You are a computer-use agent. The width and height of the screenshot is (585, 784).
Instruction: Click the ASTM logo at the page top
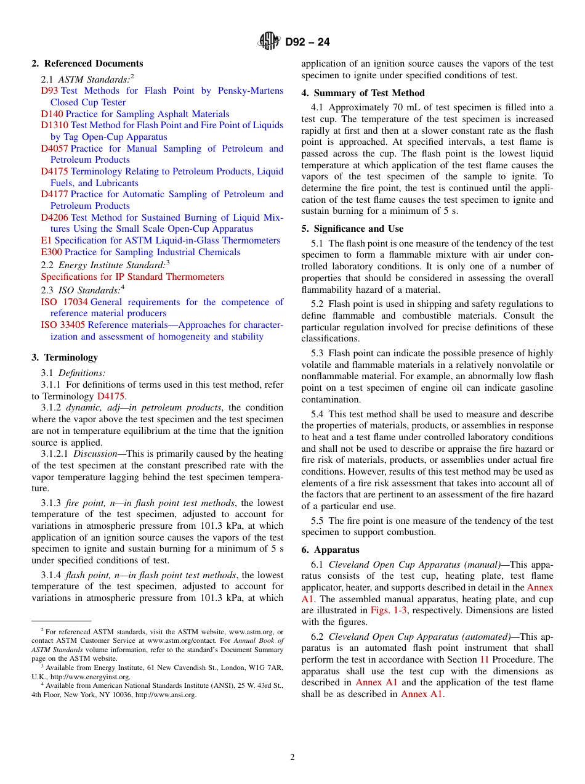click(x=268, y=42)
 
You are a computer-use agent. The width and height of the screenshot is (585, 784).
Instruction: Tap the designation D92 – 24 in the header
click(x=307, y=42)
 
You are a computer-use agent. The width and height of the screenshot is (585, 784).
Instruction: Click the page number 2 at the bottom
click(x=292, y=757)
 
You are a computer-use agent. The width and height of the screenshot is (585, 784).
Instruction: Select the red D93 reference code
click(x=49, y=91)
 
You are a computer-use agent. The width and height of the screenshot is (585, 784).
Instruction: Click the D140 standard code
click(x=52, y=114)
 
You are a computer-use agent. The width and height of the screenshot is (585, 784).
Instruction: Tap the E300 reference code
click(x=51, y=252)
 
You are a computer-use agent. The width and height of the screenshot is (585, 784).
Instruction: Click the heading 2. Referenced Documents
click(x=87, y=63)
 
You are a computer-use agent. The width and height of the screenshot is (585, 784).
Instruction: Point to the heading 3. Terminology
click(x=65, y=357)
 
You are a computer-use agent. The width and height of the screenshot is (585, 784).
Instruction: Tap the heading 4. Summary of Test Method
click(x=363, y=93)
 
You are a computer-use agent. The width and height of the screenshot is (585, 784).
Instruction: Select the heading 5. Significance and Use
click(x=352, y=229)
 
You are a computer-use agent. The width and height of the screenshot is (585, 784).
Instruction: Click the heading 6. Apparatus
click(x=330, y=550)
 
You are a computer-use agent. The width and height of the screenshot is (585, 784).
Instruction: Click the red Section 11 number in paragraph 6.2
click(x=484, y=659)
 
